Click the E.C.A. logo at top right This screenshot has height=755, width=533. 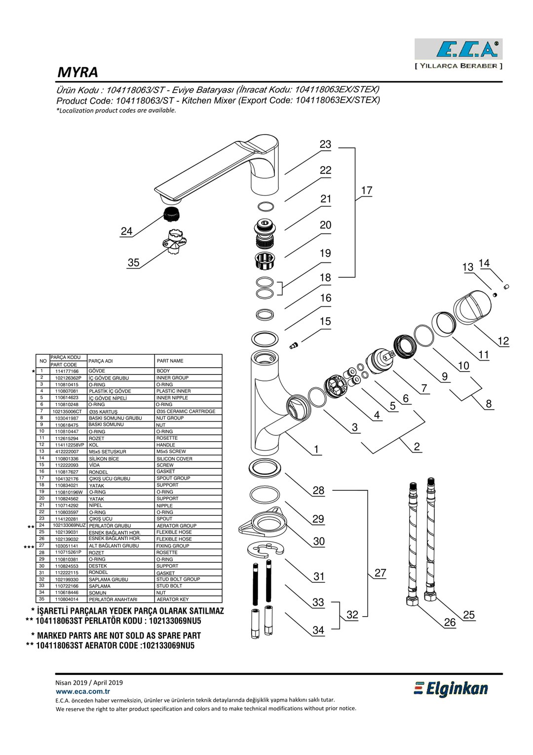coord(458,49)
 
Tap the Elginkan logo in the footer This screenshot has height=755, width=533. coord(451,689)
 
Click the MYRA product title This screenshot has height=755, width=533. coord(78,73)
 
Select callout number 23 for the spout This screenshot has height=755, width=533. coord(325,145)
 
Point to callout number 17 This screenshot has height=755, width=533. coord(367,191)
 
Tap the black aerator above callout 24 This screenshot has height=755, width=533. coord(171,214)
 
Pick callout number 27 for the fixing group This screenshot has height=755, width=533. coord(380,573)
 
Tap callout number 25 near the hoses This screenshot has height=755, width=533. coord(469,615)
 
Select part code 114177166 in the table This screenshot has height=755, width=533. coord(67,371)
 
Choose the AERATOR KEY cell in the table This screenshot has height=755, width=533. coord(173,599)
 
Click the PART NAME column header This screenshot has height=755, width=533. coord(170,361)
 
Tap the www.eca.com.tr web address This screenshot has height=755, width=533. coord(83,692)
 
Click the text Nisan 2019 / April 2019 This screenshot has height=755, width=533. coord(89,682)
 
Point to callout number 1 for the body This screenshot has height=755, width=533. coord(316,450)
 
